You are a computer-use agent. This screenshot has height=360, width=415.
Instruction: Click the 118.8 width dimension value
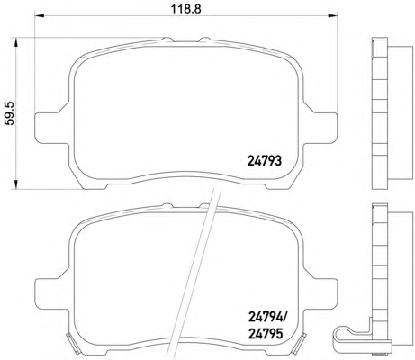point(186,9)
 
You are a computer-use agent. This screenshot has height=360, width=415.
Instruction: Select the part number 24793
point(265,161)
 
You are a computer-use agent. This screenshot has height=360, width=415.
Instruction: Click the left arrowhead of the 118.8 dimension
point(39,15)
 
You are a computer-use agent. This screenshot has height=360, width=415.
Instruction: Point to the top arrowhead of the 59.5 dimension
point(15,42)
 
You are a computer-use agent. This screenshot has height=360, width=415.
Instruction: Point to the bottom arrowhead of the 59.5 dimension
point(15,184)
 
